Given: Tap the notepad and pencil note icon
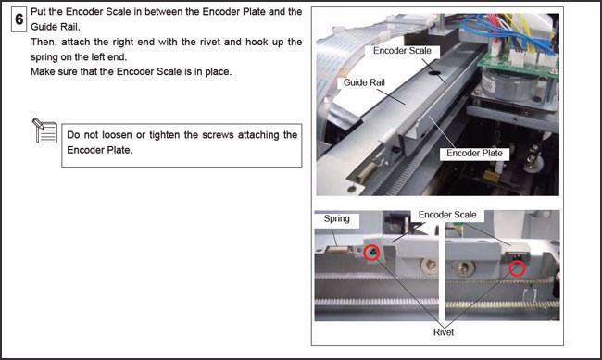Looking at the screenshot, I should pos(44,130).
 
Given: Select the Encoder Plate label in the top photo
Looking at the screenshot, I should pos(473,153).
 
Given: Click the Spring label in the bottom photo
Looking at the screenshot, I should pos(336,220).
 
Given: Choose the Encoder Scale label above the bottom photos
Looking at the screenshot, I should pos(447,214).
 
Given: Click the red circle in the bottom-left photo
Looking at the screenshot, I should pos(371,253).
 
